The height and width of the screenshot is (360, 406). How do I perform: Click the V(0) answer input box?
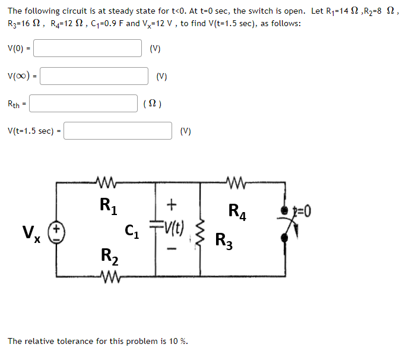click(91, 48)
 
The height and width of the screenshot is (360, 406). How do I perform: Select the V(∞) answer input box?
click(94, 76)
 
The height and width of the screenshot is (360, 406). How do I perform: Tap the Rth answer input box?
click(84, 103)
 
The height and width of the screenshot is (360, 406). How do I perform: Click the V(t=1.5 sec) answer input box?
click(118, 131)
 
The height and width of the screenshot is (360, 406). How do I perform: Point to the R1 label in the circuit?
click(107, 206)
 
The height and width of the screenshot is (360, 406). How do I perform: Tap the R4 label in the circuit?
click(236, 210)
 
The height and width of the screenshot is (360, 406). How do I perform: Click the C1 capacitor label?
click(133, 229)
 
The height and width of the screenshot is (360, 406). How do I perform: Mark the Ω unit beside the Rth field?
click(152, 104)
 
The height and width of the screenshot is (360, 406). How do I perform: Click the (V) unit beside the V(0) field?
click(155, 49)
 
